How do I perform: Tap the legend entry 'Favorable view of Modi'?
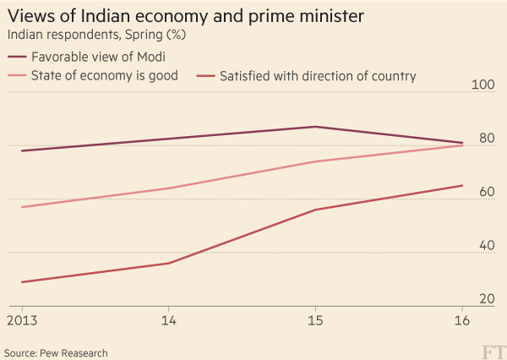[x=97, y=57]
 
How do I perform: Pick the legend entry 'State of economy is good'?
[x=105, y=76]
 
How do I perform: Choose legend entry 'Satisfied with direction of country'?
[x=317, y=76]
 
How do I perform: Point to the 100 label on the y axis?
[x=482, y=85]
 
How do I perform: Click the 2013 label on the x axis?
[x=22, y=321]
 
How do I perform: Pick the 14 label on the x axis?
[x=168, y=321]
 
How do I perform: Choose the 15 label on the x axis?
[x=315, y=321]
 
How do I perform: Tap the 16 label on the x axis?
[x=461, y=321]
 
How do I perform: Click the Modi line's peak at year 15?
[x=315, y=127]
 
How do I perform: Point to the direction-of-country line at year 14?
[x=168, y=264]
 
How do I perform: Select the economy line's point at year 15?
[x=315, y=161]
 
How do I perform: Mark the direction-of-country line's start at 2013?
[x=22, y=282]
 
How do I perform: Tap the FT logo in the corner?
[x=493, y=351]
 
